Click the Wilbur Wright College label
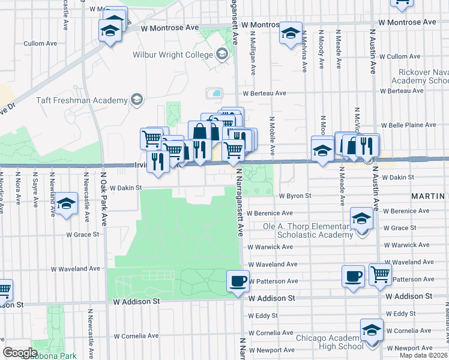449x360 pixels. [173, 55]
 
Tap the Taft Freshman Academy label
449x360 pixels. [82, 100]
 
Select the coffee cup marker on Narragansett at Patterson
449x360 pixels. [238, 281]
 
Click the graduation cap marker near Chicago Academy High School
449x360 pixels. [372, 330]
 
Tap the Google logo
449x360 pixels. [20, 353]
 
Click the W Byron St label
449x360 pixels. [295, 196]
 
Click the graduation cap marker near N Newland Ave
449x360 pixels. [67, 203]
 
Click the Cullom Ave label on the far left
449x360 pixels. [40, 43]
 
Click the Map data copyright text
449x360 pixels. [423, 355]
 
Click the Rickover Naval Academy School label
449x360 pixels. [423, 76]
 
